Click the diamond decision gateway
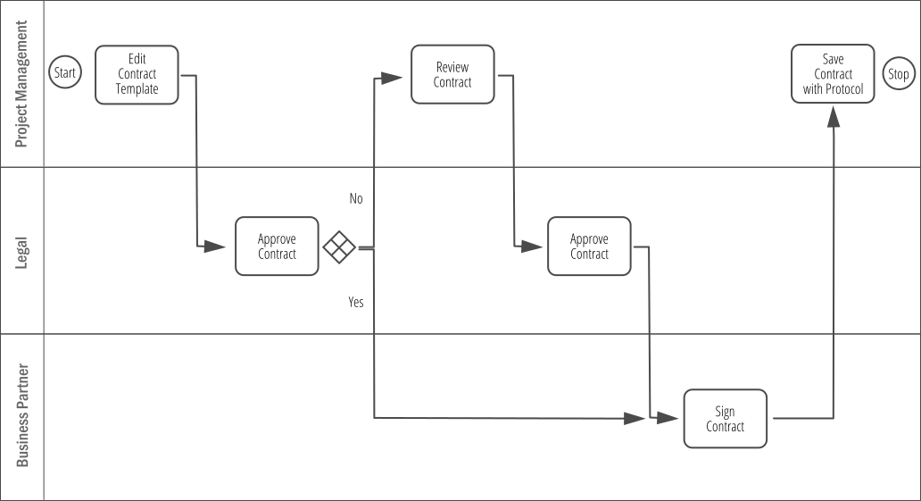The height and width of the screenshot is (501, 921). pos(339,247)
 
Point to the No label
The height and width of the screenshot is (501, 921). pos(356,199)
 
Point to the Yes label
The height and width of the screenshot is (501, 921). pos(356,302)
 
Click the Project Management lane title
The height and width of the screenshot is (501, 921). pos(21,84)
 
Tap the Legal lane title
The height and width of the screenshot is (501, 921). pos(21,253)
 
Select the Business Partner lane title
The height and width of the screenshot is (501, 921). pos(21,415)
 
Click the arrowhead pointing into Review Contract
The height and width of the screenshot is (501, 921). pos(391,78)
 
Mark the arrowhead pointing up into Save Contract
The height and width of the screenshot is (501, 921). pos(833,116)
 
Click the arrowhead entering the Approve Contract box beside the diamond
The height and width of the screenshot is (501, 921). pos(215,246)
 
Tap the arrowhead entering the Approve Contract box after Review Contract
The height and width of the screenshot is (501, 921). pos(532,246)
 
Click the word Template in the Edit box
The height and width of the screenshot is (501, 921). pos(137,89)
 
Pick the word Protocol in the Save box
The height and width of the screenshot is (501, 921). pos(843,89)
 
